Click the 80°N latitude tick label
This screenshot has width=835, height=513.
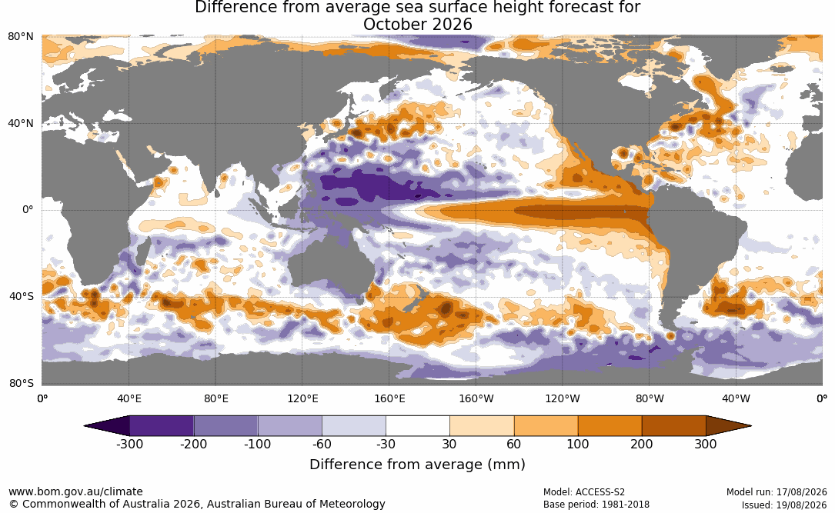click(x=20, y=37)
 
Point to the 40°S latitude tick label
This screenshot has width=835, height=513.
click(x=22, y=296)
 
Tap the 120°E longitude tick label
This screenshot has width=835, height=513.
click(x=302, y=398)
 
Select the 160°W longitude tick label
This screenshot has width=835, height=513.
click(x=476, y=398)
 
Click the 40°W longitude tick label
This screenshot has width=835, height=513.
click(x=736, y=398)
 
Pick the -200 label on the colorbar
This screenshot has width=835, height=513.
click(x=193, y=445)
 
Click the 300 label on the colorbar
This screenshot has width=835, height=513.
click(x=706, y=445)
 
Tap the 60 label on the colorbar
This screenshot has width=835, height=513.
click(x=514, y=445)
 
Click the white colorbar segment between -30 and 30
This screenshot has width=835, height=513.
click(x=418, y=426)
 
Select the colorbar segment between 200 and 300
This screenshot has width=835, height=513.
click(x=673, y=426)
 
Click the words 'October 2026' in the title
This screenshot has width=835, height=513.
click(x=417, y=25)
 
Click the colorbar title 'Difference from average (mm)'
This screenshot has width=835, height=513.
click(x=417, y=465)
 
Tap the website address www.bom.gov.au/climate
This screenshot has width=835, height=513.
click(x=75, y=491)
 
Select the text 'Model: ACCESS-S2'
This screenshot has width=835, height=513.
click(x=584, y=492)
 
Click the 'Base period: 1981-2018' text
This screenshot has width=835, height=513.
click(x=596, y=505)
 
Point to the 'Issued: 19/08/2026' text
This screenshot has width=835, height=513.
click(x=784, y=505)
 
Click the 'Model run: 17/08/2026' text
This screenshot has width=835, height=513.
click(x=777, y=492)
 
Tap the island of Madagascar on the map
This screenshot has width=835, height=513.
click(x=141, y=252)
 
